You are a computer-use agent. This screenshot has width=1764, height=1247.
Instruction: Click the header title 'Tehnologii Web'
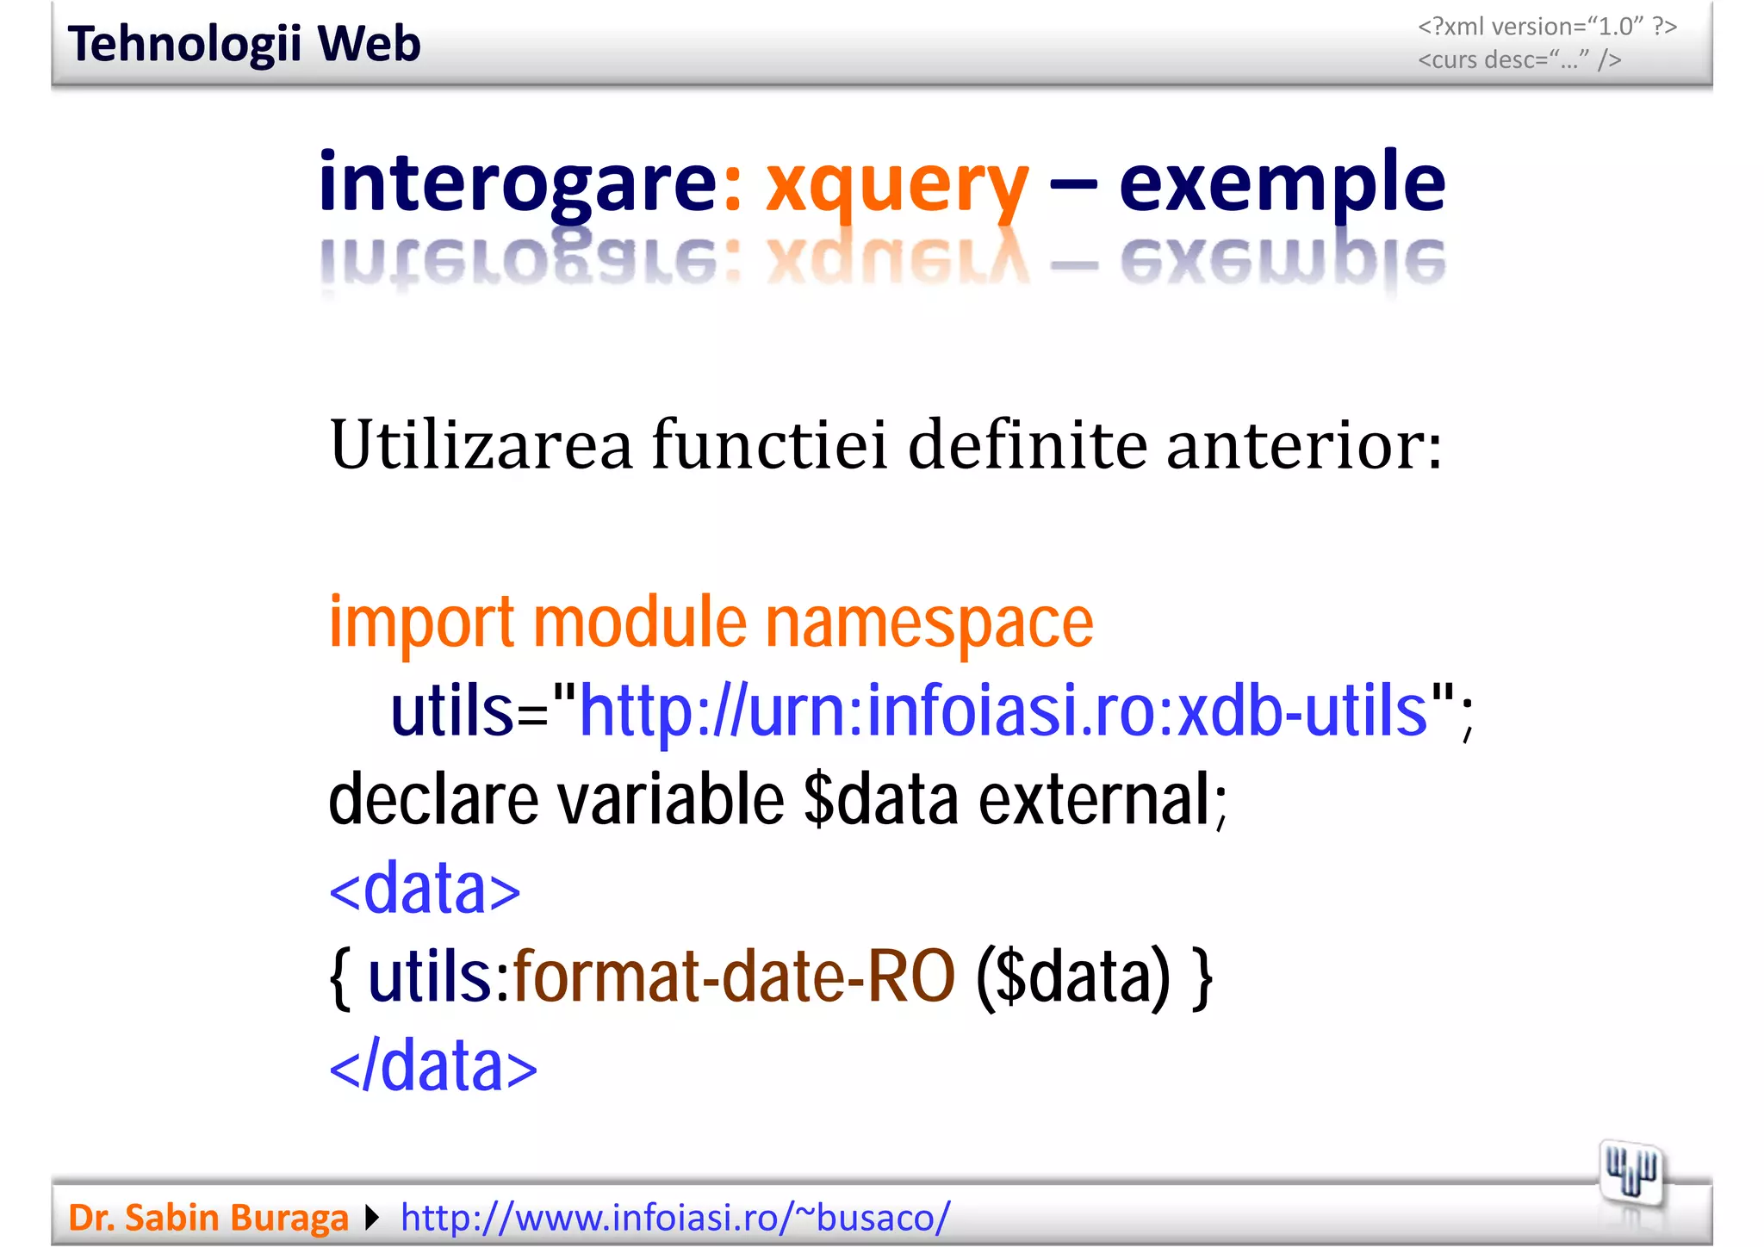coord(244,44)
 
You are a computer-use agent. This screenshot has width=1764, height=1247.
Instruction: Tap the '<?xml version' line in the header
coord(1547,27)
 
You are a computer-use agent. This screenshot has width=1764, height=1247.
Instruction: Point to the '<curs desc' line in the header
coord(1519,59)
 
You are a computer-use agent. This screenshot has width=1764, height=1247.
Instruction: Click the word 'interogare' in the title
coord(517,183)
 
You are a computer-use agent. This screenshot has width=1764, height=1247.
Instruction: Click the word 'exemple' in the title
coord(1282,183)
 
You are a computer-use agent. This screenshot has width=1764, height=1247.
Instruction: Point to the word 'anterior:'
coord(1304,446)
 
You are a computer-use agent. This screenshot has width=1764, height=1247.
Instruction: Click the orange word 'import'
coord(421,623)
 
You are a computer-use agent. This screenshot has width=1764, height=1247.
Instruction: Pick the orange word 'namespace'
coord(929,623)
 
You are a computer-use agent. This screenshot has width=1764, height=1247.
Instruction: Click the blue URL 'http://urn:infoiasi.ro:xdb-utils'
coord(1003,711)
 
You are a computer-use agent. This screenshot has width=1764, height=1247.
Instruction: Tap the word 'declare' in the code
coord(433,799)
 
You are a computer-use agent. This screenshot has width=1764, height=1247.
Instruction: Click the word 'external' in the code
coord(1096,799)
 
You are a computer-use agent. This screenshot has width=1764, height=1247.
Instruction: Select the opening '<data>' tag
coord(425,889)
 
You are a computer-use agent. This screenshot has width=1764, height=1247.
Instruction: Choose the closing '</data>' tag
coord(433,1065)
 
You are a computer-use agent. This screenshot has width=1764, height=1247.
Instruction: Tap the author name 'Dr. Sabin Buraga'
coord(208,1218)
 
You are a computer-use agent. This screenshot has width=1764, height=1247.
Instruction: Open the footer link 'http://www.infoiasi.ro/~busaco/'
coord(675,1218)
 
